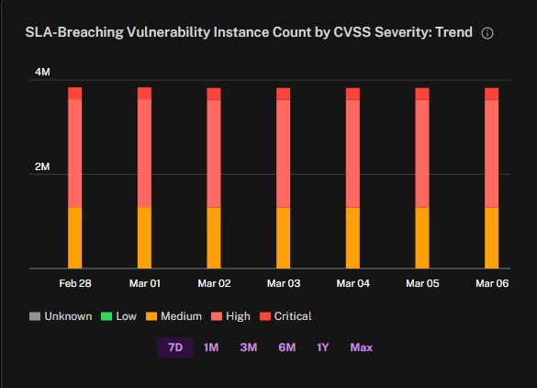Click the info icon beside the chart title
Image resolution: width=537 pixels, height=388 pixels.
[487, 33]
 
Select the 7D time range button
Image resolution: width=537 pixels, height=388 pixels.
[175, 348]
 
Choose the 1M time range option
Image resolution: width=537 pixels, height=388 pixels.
[211, 348]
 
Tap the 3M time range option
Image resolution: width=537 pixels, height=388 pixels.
[249, 348]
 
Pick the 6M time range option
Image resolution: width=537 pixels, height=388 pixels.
[287, 348]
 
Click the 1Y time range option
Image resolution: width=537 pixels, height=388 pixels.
[322, 348]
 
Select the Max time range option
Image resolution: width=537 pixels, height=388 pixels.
[362, 348]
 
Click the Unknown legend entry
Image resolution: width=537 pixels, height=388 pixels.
[61, 316]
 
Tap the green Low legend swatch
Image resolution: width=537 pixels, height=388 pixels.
[106, 316]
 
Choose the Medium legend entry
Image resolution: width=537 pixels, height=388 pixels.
[173, 316]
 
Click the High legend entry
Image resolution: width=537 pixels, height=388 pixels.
[230, 316]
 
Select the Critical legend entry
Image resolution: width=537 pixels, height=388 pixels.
[285, 316]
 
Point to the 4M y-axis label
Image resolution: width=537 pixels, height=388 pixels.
[42, 72]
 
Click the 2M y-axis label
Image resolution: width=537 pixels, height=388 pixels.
[42, 166]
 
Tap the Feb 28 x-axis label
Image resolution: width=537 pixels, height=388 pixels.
[75, 283]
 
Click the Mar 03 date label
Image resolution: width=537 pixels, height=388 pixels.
[284, 283]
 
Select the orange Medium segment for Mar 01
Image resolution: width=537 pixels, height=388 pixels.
[144, 238]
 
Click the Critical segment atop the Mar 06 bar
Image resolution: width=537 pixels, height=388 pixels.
[491, 94]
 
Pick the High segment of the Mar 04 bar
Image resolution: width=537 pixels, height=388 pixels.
[352, 154]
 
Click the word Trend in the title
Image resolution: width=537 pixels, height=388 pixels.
[453, 32]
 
